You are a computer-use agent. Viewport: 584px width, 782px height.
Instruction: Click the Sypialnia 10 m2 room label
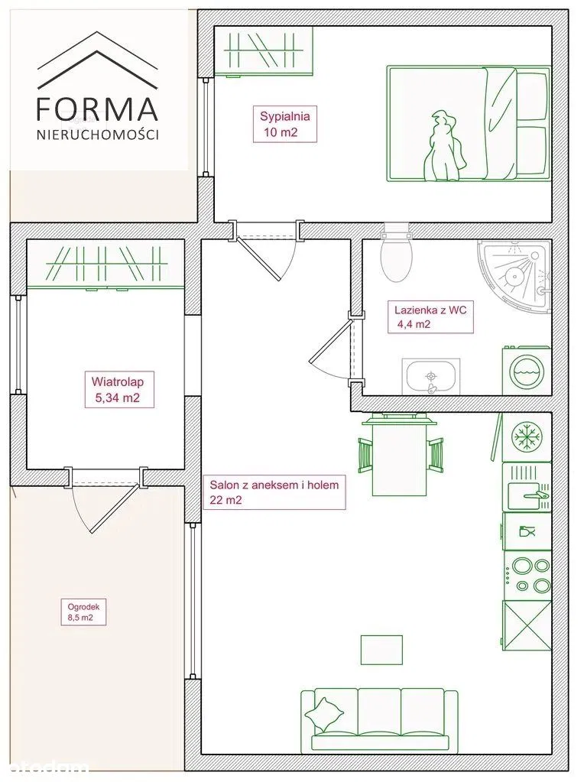click(285, 124)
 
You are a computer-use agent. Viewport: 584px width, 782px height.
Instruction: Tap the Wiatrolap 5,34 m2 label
click(118, 390)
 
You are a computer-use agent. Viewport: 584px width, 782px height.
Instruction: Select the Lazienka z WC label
click(431, 316)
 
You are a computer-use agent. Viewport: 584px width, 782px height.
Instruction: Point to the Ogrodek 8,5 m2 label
click(84, 612)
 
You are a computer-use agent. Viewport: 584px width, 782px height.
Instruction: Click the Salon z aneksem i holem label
click(274, 492)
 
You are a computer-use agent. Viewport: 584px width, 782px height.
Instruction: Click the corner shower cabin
click(514, 277)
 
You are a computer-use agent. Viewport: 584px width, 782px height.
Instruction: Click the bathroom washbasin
click(430, 377)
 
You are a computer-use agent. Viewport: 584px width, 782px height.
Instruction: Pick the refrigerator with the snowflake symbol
click(527, 437)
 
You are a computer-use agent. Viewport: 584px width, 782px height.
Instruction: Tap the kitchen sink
click(527, 487)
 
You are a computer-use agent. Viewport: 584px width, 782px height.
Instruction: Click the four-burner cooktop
click(527, 576)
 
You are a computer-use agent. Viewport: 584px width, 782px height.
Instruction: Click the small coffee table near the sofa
click(381, 649)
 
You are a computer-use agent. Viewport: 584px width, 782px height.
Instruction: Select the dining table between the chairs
click(400, 456)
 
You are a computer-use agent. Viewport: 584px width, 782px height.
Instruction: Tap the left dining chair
click(365, 454)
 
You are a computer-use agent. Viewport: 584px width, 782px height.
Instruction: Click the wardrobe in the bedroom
click(263, 51)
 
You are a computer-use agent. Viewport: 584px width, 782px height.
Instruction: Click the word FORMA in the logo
click(98, 109)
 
